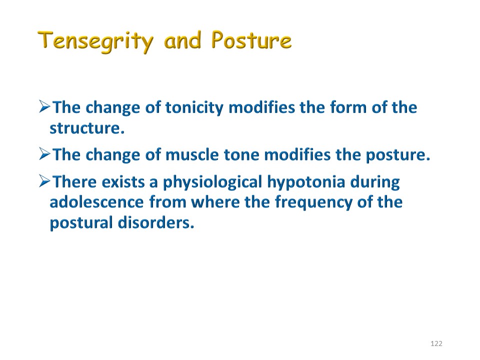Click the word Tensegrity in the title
[x=95, y=41]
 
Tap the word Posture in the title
[x=251, y=40]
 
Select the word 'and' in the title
[x=182, y=40]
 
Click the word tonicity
[x=194, y=108]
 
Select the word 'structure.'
[x=87, y=128]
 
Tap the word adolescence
[x=96, y=202]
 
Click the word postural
[x=81, y=223]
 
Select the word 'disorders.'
[x=156, y=222]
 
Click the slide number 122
[x=436, y=343]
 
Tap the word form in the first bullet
[x=348, y=107]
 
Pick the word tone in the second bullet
[x=241, y=155]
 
